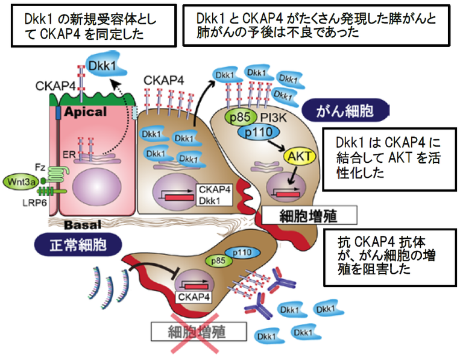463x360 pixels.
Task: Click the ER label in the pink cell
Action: pyautogui.click(x=70, y=155)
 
